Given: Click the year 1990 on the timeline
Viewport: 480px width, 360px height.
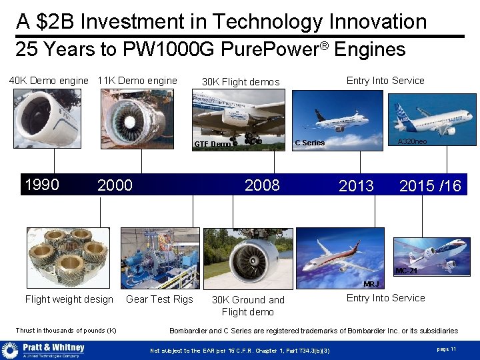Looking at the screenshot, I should coord(41,185).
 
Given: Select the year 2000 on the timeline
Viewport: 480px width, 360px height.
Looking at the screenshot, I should coord(115,185).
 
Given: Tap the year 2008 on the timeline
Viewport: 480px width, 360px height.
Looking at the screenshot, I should coord(262,185).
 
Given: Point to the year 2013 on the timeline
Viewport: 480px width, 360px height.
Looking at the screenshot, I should coord(356,186).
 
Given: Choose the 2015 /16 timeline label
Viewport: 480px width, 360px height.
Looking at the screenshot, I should coord(430,186).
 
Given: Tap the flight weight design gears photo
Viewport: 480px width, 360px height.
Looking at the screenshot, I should coord(68,257).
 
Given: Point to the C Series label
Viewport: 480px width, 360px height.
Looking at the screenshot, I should coord(310,143).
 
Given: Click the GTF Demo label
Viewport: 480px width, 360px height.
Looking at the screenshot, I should coord(212,144).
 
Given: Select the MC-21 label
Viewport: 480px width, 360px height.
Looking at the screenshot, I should coord(406,271).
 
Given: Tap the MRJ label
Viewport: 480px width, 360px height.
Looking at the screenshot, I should coord(371,285).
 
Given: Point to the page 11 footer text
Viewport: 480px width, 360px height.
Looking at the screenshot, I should coord(446,349).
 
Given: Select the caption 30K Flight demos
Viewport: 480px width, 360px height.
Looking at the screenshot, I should coord(241,82).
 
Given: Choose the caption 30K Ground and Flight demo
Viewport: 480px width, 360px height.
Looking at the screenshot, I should coord(248,306).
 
